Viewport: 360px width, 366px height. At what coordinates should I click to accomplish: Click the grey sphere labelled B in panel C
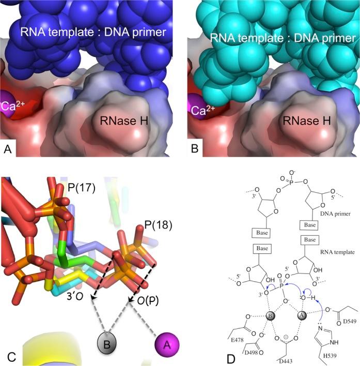(106, 344)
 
